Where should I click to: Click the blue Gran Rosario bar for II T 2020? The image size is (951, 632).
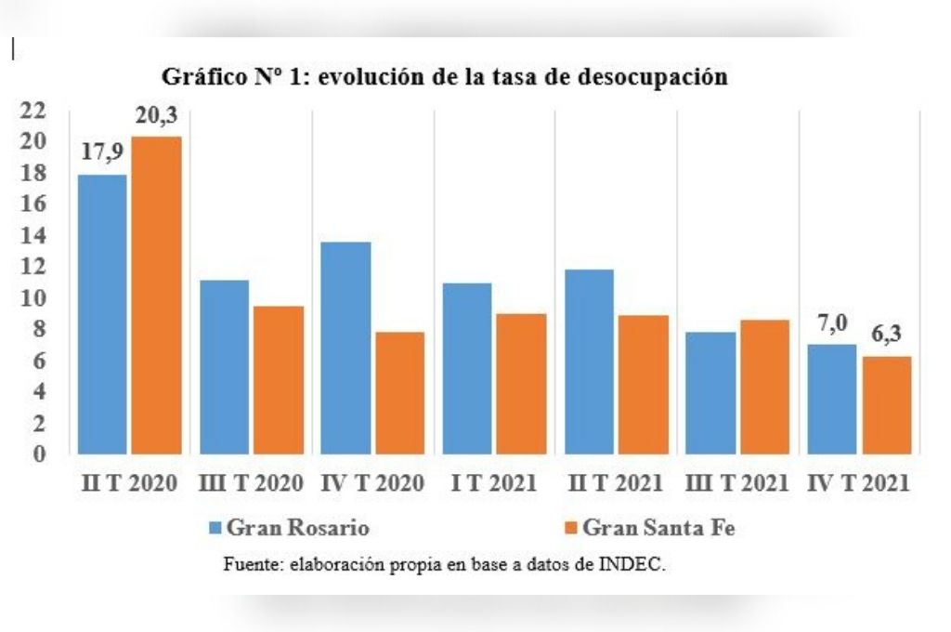pos(102,314)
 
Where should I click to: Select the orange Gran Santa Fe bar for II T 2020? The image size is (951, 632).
pos(156,296)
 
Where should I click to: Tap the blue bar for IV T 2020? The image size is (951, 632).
pos(345,349)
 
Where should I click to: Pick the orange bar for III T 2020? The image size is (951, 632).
pos(278,380)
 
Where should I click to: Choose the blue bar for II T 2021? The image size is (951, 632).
pos(589,362)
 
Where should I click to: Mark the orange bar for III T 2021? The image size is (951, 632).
pos(763,387)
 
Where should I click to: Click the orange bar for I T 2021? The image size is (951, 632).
pos(521,384)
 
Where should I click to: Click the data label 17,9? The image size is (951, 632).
pos(102,151)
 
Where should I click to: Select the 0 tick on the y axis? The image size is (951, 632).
pos(38,454)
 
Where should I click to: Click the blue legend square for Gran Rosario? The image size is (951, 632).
pos(215,528)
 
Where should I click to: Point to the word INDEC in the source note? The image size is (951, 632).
pos(636,564)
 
